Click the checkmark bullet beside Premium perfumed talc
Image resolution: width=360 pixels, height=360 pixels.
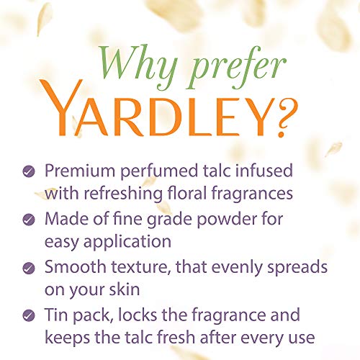[x=29, y=173]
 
